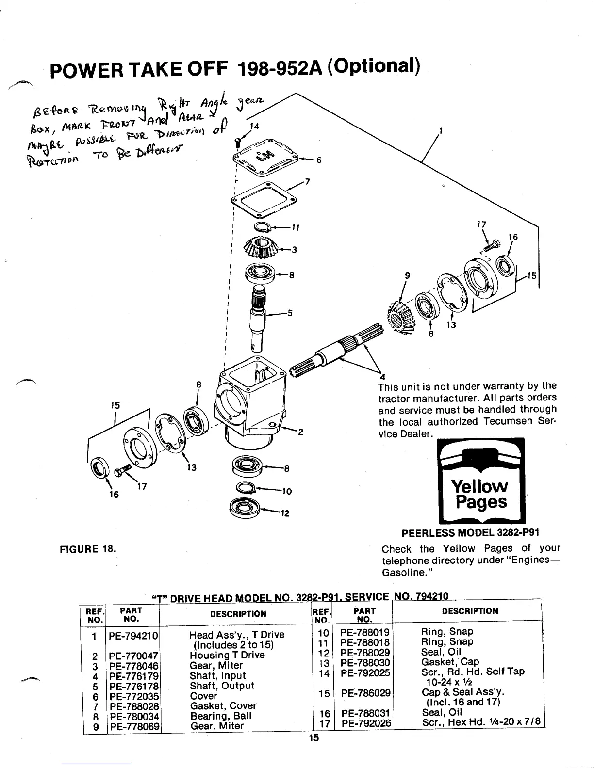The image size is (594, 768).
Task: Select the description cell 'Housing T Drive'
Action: pyautogui.click(x=227, y=655)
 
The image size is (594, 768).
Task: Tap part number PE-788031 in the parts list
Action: pyautogui.click(x=365, y=713)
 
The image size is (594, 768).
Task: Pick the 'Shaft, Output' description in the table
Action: pyautogui.click(x=222, y=686)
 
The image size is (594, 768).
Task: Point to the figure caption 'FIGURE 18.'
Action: pyautogui.click(x=87, y=549)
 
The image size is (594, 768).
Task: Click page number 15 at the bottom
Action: pyautogui.click(x=313, y=752)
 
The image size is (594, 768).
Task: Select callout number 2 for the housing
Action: pyautogui.click(x=300, y=432)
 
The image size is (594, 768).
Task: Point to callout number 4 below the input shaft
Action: pyautogui.click(x=382, y=378)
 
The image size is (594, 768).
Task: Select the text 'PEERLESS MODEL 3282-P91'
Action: pyautogui.click(x=471, y=532)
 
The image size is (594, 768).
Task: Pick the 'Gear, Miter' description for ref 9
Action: pyautogui.click(x=216, y=726)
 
